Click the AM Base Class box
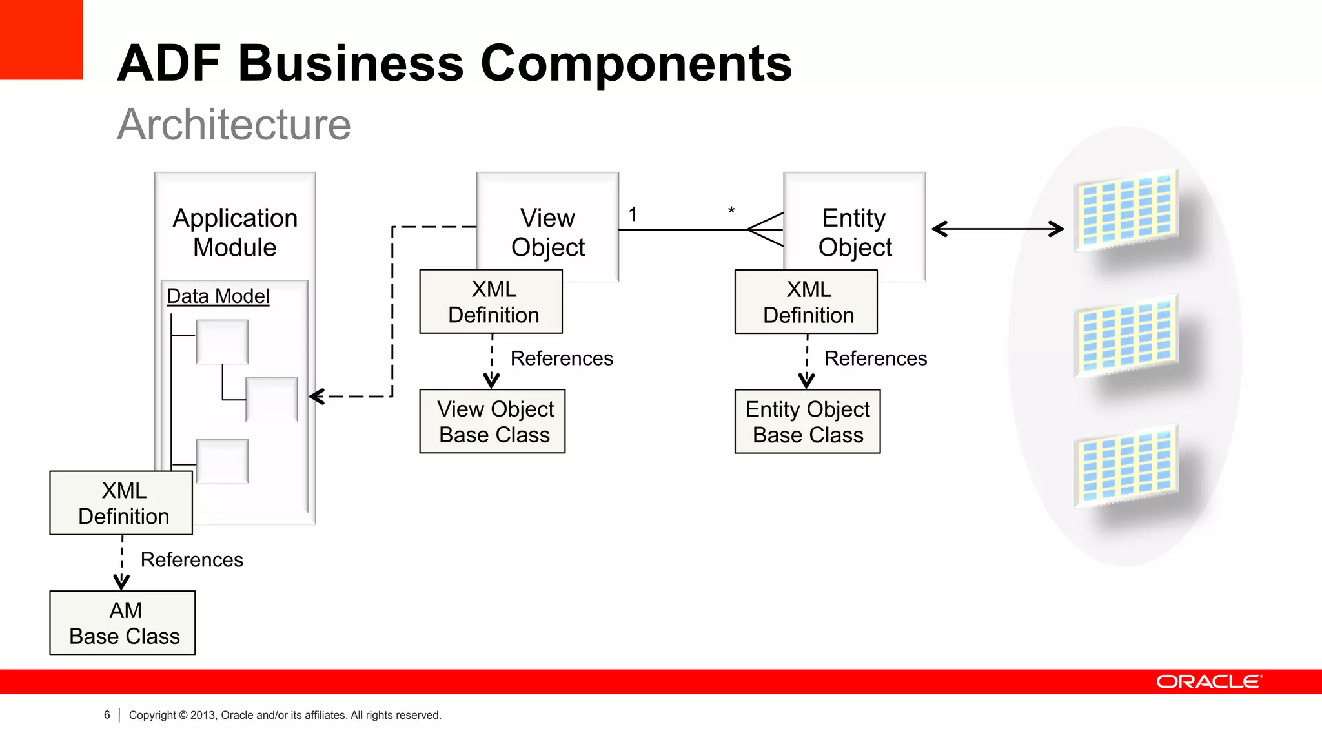pyautogui.click(x=123, y=623)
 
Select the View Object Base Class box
pyautogui.click(x=492, y=421)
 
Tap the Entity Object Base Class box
pyautogui.click(x=807, y=421)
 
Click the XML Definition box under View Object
pyautogui.click(x=491, y=302)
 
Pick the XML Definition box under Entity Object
pyautogui.click(x=806, y=302)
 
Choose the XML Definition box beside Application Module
pyautogui.click(x=121, y=502)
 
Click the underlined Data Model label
pyautogui.click(x=218, y=296)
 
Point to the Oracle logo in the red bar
pyautogui.click(x=1208, y=682)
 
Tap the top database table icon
pyautogui.click(x=1126, y=210)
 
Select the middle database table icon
pyautogui.click(x=1126, y=336)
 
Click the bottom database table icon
pyautogui.click(x=1126, y=465)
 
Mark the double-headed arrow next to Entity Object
pyautogui.click(x=997, y=229)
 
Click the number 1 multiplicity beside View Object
pyautogui.click(x=633, y=214)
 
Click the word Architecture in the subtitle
pyautogui.click(x=234, y=124)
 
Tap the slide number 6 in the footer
pyautogui.click(x=107, y=715)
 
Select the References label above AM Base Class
pyautogui.click(x=192, y=559)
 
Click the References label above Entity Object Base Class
pyautogui.click(x=875, y=358)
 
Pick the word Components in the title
pyautogui.click(x=636, y=63)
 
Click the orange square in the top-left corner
pyautogui.click(x=41, y=39)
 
